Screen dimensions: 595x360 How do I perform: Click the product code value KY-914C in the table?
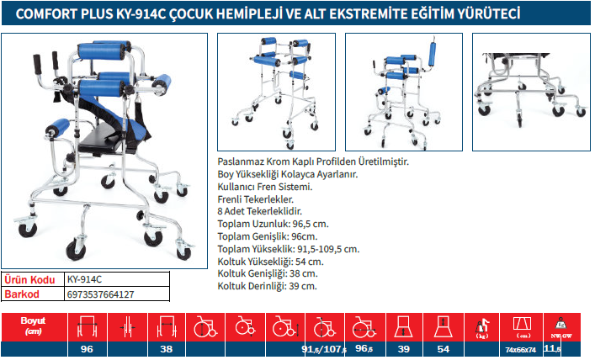pos(84,279)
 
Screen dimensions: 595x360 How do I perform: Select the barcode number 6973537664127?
pos(100,294)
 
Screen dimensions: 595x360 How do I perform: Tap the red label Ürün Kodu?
pos(29,280)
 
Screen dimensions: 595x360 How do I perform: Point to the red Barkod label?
pos(22,294)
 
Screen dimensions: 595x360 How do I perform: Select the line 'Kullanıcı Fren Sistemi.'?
pos(265,187)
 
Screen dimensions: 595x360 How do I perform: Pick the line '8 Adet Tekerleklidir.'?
pos(260,211)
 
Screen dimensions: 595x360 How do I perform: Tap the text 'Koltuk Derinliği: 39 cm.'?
pos(267,286)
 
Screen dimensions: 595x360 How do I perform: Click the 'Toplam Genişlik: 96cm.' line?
pos(268,236)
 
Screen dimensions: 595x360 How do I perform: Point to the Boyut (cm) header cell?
pos(34,326)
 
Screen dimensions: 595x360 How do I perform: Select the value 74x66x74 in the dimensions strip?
pos(521,350)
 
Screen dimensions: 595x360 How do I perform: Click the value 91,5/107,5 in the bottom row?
pos(324,349)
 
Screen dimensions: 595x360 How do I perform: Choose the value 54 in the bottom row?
pos(444,349)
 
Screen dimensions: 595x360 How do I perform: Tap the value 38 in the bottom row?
pos(166,349)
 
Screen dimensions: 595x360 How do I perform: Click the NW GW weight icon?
pos(561,327)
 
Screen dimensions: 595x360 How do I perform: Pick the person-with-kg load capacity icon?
pos(482,329)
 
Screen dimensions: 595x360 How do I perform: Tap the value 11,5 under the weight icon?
pos(552,348)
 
